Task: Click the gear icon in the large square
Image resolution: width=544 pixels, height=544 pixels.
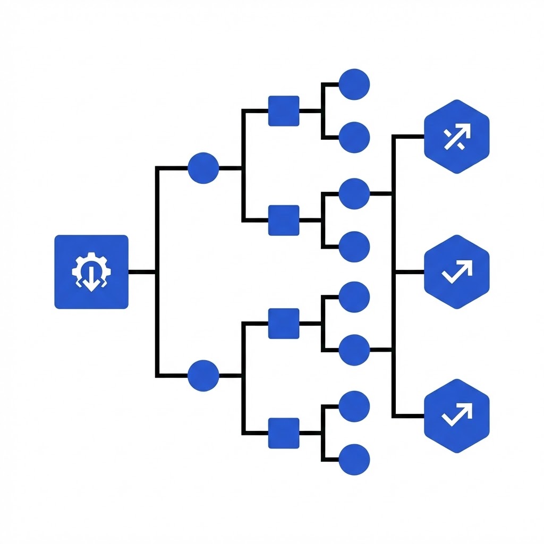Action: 91,271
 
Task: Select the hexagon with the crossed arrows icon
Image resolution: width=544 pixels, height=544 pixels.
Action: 457,137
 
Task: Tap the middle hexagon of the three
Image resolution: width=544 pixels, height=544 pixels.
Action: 457,271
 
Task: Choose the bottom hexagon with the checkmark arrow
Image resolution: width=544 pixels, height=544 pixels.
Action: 457,415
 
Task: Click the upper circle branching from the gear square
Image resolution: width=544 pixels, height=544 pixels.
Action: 203,168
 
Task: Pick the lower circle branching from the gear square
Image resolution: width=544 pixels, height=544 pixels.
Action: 203,376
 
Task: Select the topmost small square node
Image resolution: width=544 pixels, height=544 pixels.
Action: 284,111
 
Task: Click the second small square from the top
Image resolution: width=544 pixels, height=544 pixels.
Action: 284,220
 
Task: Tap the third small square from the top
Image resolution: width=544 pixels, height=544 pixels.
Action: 284,323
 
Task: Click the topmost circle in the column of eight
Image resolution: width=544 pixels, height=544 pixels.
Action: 354,84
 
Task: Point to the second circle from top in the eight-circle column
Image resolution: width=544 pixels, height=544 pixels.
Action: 354,138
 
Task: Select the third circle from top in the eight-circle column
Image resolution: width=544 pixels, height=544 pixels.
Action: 354,194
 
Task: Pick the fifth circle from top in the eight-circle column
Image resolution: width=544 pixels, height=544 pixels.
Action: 354,297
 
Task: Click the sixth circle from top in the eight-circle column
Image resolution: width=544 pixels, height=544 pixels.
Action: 354,350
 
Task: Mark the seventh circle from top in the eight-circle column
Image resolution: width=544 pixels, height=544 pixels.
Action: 354,406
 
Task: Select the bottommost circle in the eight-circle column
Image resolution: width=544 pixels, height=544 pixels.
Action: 354,460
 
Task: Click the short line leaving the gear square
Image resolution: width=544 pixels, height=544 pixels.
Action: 142,272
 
